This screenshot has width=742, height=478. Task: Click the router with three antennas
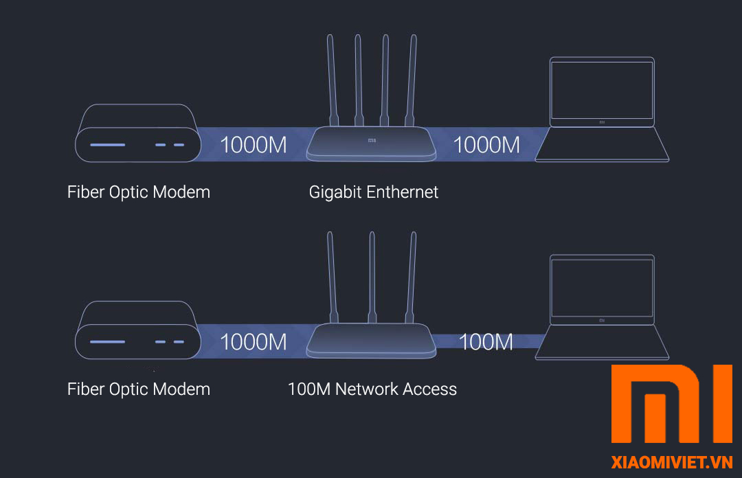[x=371, y=340]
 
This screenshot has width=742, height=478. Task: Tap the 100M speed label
[x=485, y=341]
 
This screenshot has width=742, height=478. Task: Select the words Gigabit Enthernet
[x=373, y=192]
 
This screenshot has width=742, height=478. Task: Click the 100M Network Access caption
[x=372, y=389]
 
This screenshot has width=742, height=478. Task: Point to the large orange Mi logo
[x=672, y=404]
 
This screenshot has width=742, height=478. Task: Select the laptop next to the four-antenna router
[x=602, y=110]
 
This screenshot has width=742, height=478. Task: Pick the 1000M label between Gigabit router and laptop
[x=486, y=145]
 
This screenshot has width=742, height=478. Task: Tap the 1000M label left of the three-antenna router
[x=253, y=341]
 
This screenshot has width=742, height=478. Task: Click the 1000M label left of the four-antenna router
[x=253, y=145]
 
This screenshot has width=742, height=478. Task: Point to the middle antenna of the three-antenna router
[x=372, y=275]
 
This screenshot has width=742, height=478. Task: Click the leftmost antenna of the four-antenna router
[x=330, y=79]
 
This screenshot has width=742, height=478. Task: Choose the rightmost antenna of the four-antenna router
[x=413, y=79]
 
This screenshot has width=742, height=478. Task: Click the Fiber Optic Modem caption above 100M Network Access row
[x=139, y=192]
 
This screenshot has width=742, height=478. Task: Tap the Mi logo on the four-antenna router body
[x=372, y=141]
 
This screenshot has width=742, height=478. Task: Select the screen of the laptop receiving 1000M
[x=602, y=89]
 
